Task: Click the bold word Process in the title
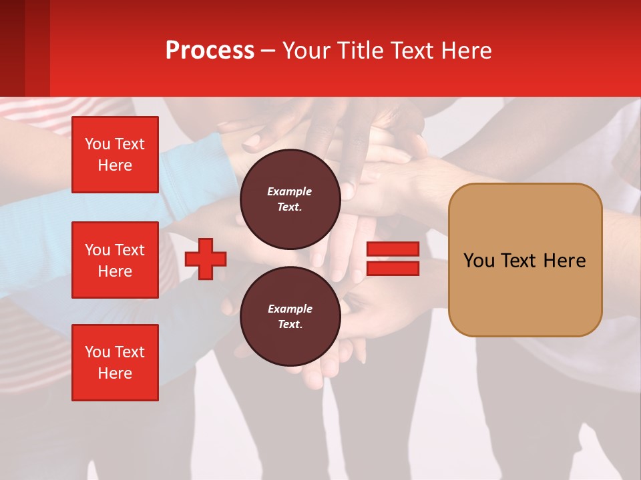(210, 51)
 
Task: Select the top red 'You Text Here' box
(115, 155)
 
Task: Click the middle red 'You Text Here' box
(115, 260)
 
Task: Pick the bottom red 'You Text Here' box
(115, 363)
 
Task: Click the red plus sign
(206, 259)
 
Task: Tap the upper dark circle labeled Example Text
(290, 199)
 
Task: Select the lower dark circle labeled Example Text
(290, 317)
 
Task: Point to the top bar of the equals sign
(393, 249)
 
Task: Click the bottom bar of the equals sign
(393, 268)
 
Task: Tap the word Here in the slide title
(467, 51)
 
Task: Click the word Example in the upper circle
(290, 191)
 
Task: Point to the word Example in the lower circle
(290, 309)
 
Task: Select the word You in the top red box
(97, 144)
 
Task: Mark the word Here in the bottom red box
(115, 373)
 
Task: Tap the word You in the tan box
(479, 261)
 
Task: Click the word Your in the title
(306, 51)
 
